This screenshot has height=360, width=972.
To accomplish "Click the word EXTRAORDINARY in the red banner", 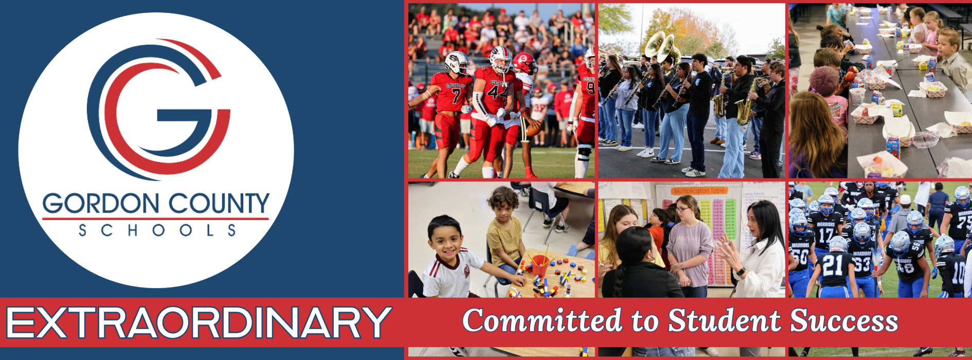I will [x=199, y=323].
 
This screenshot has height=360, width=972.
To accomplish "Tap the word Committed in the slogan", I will [x=542, y=320].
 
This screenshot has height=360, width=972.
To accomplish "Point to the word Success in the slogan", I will [x=844, y=321].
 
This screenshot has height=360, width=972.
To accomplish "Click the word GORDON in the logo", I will [x=101, y=204].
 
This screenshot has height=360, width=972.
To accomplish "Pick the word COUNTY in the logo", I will [x=219, y=204].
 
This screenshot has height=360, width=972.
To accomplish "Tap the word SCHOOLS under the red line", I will [x=157, y=230].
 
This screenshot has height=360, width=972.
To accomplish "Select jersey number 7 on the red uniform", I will [x=456, y=96].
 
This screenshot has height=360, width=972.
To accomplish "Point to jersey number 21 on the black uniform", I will [x=832, y=264].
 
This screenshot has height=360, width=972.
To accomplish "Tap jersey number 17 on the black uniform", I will [x=825, y=235].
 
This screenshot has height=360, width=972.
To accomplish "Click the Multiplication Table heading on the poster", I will [x=699, y=191].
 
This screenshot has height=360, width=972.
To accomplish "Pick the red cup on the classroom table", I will [x=540, y=265].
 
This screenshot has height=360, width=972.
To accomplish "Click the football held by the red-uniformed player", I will [x=533, y=128].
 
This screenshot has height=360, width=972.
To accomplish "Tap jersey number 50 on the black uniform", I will [x=800, y=257].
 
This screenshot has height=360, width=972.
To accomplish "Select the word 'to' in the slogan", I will [x=644, y=321].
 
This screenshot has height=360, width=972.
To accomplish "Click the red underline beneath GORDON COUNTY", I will [x=155, y=219].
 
